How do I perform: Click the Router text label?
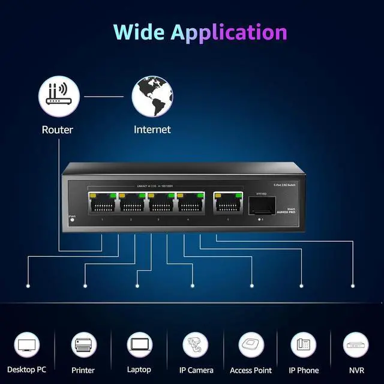58,130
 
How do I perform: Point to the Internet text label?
152,130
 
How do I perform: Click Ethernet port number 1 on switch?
103,203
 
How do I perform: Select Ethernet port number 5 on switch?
228,203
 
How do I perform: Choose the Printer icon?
83,345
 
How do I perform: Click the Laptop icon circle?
139,345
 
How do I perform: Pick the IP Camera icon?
196,345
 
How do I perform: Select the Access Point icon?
251,345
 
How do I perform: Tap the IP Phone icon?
304,345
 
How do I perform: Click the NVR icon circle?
356,345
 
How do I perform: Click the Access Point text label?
251,370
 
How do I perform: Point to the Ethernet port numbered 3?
160,203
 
